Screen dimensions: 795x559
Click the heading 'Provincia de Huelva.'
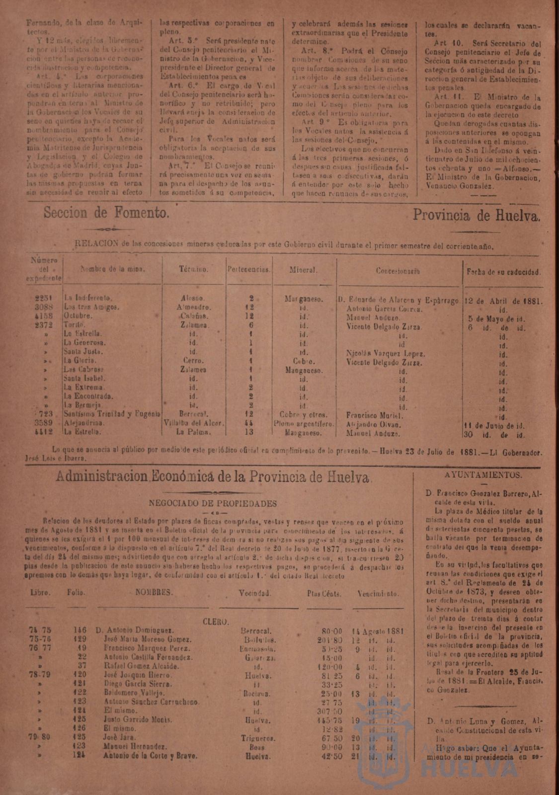click(x=477, y=215)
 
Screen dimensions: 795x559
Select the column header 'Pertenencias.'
click(x=249, y=271)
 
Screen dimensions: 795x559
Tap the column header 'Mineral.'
click(x=304, y=271)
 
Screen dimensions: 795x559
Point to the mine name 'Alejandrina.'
click(x=85, y=424)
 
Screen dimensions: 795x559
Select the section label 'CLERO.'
click(x=216, y=621)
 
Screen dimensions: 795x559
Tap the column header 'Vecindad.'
click(x=254, y=593)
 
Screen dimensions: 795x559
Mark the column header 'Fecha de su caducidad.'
click(x=503, y=272)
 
